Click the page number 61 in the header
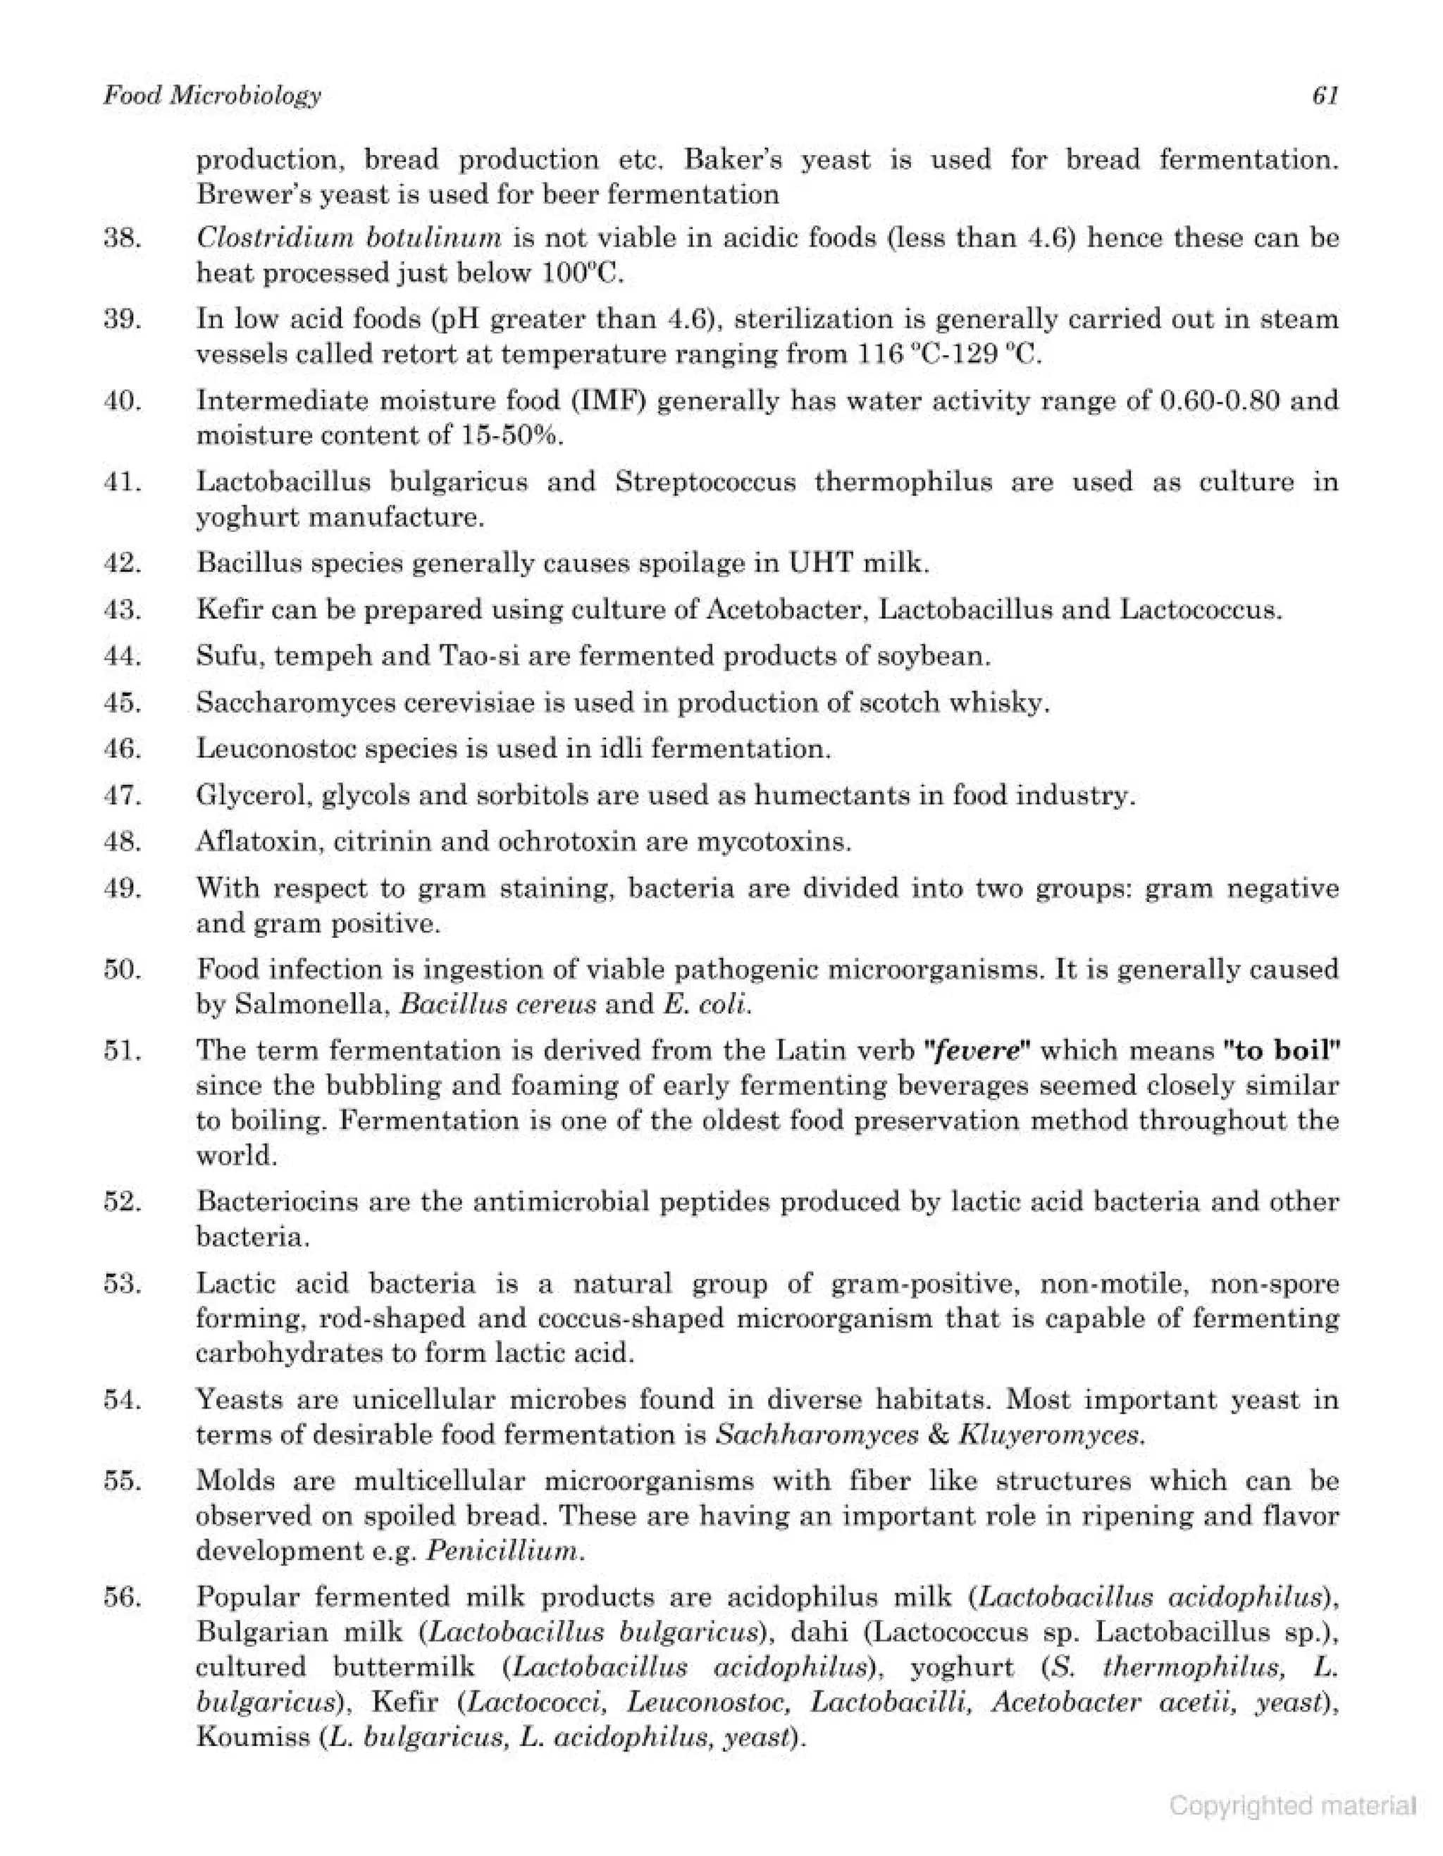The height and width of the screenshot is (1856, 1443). click(x=1326, y=96)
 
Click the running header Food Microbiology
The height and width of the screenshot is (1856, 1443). click(x=213, y=96)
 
